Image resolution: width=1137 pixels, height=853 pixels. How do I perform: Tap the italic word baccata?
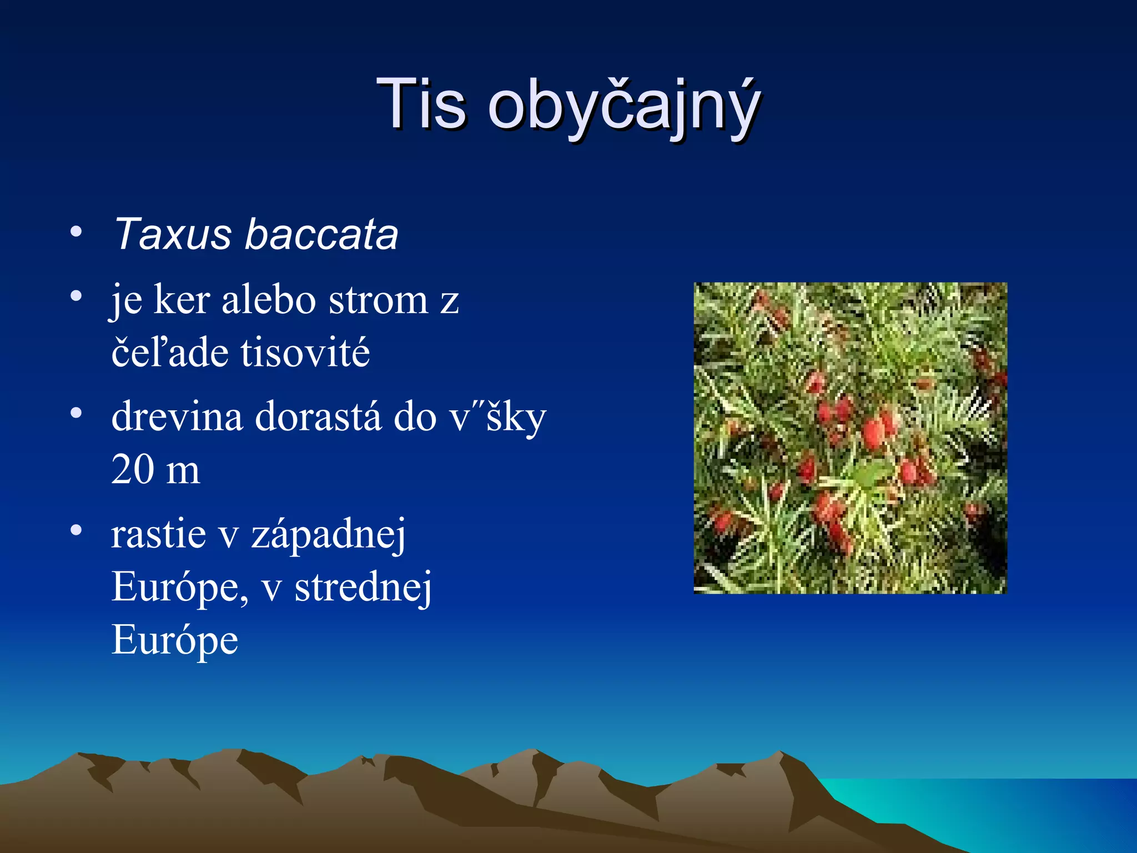(321, 234)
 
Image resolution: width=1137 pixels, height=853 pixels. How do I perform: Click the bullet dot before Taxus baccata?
(77, 231)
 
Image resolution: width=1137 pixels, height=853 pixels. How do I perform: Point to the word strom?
(378, 300)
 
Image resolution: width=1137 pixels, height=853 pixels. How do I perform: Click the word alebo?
(269, 300)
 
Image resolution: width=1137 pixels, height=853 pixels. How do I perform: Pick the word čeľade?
(167, 353)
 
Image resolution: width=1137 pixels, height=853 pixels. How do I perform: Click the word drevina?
(177, 417)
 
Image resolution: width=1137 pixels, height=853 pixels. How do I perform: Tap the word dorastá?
(318, 417)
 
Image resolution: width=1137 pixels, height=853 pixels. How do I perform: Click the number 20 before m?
(133, 470)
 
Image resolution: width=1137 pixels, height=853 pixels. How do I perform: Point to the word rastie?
(159, 534)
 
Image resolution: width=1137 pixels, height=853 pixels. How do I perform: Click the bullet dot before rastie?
(77, 530)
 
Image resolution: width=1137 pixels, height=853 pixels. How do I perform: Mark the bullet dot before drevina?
(77, 413)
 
